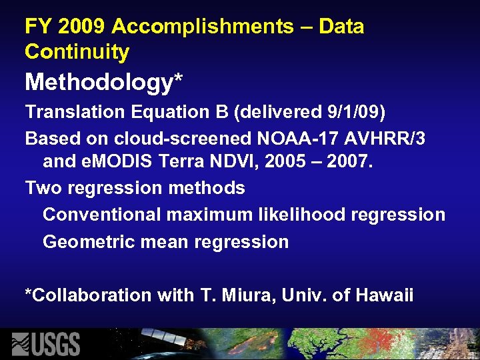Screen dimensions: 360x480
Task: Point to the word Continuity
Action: coord(77,51)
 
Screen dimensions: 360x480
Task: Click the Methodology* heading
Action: coord(104,83)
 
